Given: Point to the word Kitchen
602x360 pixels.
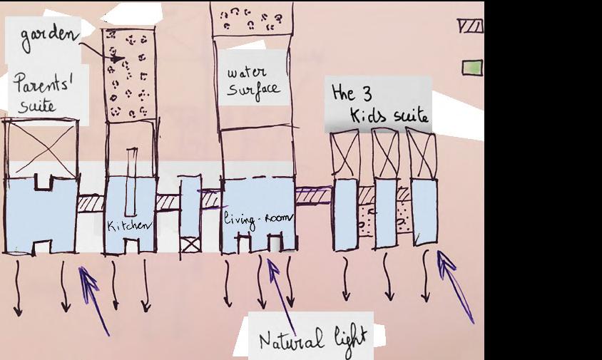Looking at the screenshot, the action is (129, 226).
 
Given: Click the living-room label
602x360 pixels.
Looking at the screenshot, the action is (255, 218).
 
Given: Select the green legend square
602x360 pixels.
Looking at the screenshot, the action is (471, 68).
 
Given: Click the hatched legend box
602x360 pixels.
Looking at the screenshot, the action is (471, 26).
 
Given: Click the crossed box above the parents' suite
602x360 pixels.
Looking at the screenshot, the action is (41, 148).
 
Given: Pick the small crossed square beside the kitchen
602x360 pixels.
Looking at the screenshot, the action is (190, 245).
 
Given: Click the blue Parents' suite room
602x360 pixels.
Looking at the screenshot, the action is (39, 214).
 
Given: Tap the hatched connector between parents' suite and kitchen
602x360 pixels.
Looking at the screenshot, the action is (89, 203).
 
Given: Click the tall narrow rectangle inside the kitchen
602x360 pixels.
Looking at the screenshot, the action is (131, 182).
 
